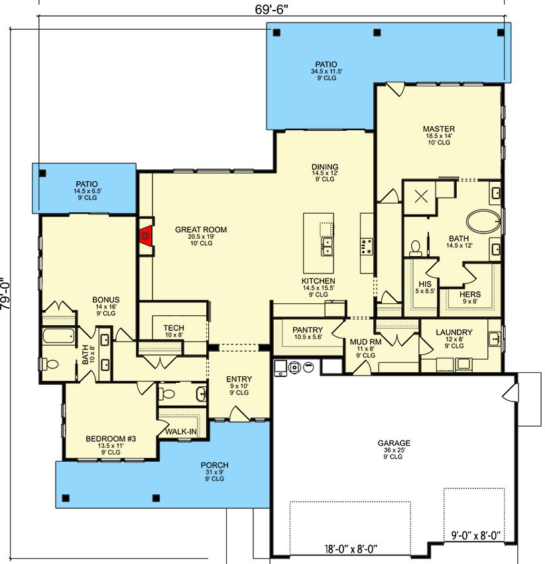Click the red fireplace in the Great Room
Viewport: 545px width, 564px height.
tap(146, 236)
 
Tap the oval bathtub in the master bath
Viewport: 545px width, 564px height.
tap(483, 221)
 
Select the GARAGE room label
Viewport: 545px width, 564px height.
tap(394, 443)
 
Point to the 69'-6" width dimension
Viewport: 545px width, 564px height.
tap(271, 9)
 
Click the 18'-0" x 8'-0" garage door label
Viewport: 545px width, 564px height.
tap(351, 549)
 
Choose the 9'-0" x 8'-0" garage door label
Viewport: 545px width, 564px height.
tap(476, 535)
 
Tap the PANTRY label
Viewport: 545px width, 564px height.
tap(308, 330)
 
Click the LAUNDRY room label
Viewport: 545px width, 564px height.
tap(454, 332)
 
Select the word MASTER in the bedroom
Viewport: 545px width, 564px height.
tap(439, 129)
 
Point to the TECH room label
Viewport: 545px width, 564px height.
tap(174, 328)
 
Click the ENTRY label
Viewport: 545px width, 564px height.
tap(239, 379)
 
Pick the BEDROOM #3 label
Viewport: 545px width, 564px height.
tap(111, 439)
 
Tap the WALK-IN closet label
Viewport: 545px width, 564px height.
tap(181, 431)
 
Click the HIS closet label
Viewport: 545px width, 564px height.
tap(425, 284)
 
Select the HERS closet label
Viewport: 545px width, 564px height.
tap(470, 295)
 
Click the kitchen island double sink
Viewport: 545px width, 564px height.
tap(327, 246)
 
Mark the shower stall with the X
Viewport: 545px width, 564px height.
tap(420, 197)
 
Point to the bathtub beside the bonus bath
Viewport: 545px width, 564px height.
tap(58, 336)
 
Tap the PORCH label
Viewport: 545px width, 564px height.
tap(215, 465)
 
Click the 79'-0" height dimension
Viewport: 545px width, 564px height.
tap(6, 293)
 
